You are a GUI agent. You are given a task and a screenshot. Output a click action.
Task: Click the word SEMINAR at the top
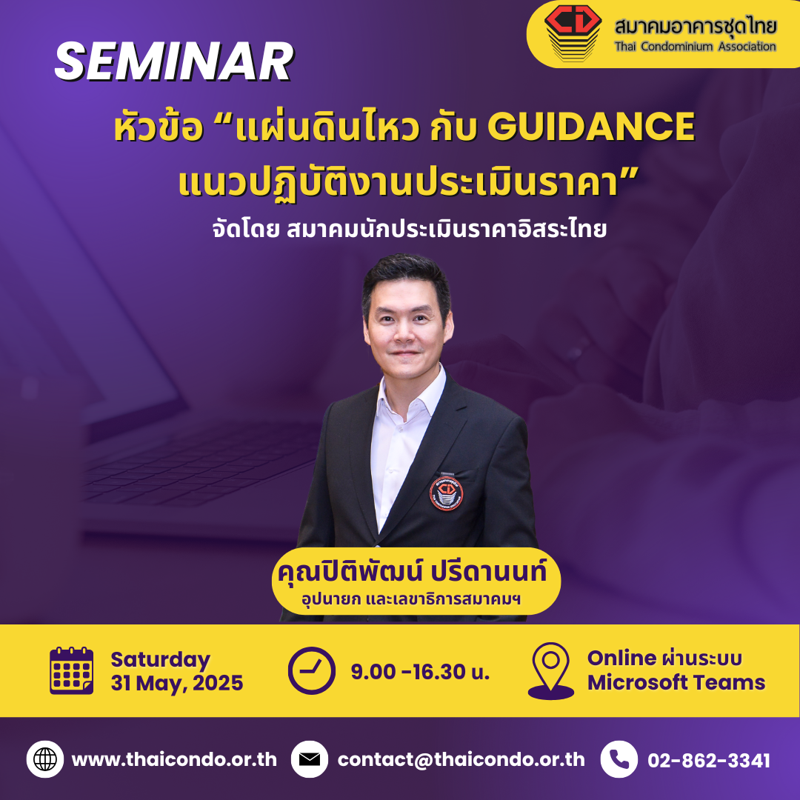point(174,61)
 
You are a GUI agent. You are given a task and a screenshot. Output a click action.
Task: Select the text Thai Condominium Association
point(695,47)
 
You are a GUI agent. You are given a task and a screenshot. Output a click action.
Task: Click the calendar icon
point(71,670)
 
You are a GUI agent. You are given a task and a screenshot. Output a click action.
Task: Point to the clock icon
point(312,670)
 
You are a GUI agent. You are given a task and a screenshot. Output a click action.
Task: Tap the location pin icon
point(551,670)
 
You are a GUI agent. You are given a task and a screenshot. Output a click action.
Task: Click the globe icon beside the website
point(45,759)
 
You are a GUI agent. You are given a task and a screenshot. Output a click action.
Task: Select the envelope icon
point(309,759)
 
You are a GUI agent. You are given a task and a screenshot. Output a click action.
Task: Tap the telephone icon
point(619,759)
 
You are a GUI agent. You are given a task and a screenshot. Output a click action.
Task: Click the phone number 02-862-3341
point(709,760)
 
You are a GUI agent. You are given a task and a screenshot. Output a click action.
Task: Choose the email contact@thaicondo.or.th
point(461,760)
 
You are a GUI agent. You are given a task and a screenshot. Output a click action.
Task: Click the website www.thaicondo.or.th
point(175,760)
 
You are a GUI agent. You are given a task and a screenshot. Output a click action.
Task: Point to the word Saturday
point(160,660)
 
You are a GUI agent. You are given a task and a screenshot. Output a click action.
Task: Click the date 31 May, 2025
point(177,683)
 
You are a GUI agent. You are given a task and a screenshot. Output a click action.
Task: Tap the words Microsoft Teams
point(676,682)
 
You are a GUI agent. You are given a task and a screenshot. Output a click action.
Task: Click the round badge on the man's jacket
point(447,493)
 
